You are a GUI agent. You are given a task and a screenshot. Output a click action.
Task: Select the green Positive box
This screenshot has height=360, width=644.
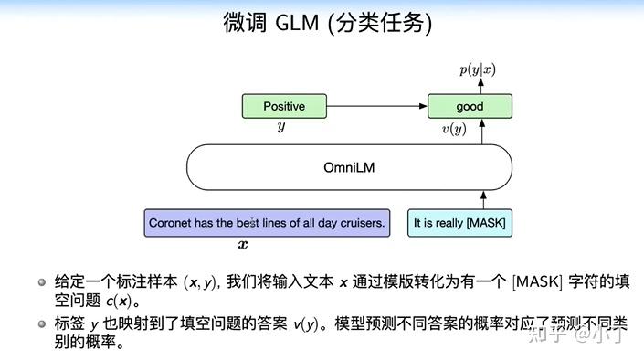(x=284, y=106)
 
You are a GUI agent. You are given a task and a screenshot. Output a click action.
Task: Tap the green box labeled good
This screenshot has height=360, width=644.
(x=470, y=106)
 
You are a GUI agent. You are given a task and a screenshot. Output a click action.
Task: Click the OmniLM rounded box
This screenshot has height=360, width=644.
(x=349, y=167)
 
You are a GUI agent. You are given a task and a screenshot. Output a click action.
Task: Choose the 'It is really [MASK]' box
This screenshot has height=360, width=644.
(x=459, y=223)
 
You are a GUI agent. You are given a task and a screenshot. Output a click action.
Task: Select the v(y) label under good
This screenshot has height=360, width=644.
(x=454, y=130)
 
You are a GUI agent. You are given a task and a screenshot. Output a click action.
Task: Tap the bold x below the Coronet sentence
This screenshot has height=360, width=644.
(x=243, y=245)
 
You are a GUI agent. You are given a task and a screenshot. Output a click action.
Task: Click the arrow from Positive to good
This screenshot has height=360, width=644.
(x=378, y=106)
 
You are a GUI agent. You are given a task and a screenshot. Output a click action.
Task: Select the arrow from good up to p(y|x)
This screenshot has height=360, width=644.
(x=477, y=85)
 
